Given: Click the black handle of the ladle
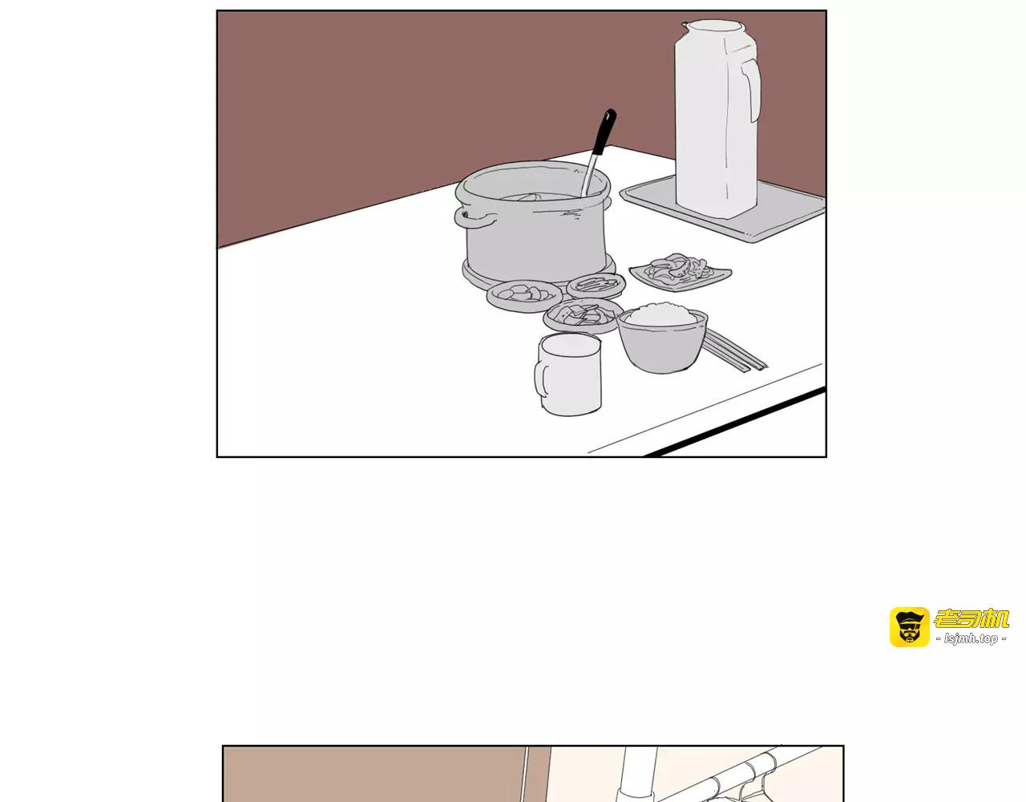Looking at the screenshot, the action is click(x=604, y=132).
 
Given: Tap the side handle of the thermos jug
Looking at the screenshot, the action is click(x=752, y=86).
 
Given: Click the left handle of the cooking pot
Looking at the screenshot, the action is click(x=475, y=219).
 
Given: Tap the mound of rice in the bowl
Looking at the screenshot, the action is click(x=662, y=314).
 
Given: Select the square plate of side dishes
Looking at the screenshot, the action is click(x=680, y=273).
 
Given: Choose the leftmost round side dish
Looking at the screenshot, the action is click(x=524, y=296).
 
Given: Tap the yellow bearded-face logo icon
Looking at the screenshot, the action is click(x=910, y=627).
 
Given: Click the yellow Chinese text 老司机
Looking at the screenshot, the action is click(x=971, y=618).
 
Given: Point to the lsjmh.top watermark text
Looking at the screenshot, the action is click(x=971, y=639).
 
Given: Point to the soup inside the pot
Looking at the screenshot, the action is click(x=539, y=197).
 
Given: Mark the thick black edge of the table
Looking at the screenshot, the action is click(x=735, y=423).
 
